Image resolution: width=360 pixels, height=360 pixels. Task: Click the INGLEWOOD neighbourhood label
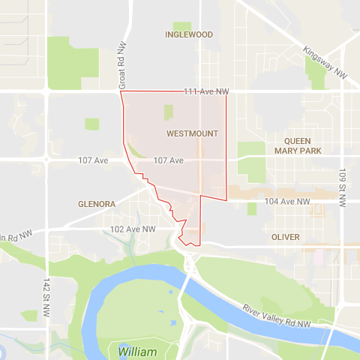[x=188, y=34]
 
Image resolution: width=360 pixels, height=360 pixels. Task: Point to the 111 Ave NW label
[x=205, y=91]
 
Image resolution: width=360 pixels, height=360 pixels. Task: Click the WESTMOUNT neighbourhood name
[x=192, y=133]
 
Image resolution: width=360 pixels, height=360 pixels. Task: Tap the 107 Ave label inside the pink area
[x=168, y=160]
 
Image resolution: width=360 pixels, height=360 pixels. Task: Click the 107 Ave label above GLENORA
[x=94, y=160]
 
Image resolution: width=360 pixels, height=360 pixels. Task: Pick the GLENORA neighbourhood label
[x=97, y=203]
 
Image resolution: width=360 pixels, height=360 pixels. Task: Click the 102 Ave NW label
[x=133, y=229]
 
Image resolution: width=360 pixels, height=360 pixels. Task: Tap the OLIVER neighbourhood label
[x=286, y=237]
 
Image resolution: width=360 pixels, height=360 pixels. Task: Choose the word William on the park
[x=136, y=351]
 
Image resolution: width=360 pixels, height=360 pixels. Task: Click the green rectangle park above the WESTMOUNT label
[x=168, y=112]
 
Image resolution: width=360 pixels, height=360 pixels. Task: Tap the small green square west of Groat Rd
[x=91, y=124]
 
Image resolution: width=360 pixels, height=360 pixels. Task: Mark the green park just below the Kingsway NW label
[x=317, y=70]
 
